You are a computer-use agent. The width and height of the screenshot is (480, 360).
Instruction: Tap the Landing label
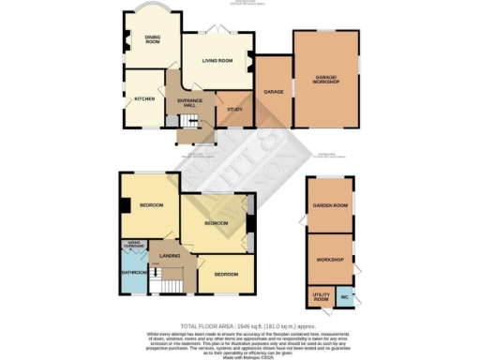[169, 254]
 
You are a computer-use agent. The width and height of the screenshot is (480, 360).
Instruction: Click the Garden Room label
[329, 205]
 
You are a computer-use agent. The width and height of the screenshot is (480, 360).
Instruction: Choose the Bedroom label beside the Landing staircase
[225, 275]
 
